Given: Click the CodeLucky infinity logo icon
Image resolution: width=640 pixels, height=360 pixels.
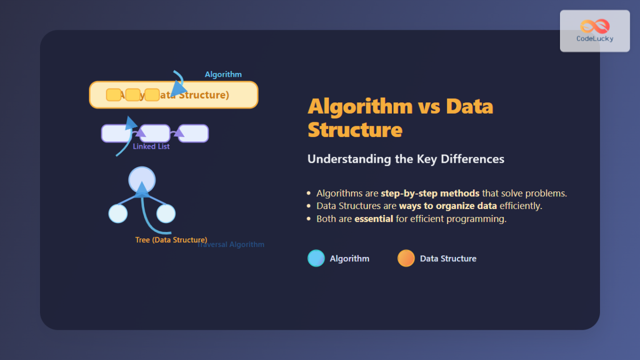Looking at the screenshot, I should coord(595,26).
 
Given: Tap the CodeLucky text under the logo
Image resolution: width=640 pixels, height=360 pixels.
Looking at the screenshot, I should coord(595,39).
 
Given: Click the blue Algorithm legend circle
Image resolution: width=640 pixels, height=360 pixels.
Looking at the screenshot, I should coord(316,258).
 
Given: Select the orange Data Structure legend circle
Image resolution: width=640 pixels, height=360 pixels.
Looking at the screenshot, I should coord(406,258).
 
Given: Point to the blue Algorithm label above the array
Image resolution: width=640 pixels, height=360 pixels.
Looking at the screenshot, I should coord(223,75).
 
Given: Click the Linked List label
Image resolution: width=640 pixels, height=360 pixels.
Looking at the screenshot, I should coord(151,147).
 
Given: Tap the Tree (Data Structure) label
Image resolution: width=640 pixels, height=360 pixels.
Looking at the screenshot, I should coord(171,240).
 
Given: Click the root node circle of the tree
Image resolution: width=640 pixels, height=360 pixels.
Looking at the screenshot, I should coord(142,180).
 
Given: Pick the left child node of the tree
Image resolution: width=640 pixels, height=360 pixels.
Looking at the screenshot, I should coord(118,213).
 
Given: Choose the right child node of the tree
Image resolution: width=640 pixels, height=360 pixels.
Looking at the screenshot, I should coord(166,213).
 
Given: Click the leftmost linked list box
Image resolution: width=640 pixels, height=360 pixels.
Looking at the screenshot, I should coord(116,133).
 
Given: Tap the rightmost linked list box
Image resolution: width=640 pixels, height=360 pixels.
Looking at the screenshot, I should coord(193,133).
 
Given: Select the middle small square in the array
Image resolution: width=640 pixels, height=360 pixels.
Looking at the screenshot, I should coord(133,95).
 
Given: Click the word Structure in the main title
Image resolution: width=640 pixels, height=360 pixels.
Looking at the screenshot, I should coord(355,130).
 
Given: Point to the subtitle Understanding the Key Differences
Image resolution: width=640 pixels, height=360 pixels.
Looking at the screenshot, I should coord(405,159).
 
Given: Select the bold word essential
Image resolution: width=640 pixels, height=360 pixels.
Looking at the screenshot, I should coord(373,219).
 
